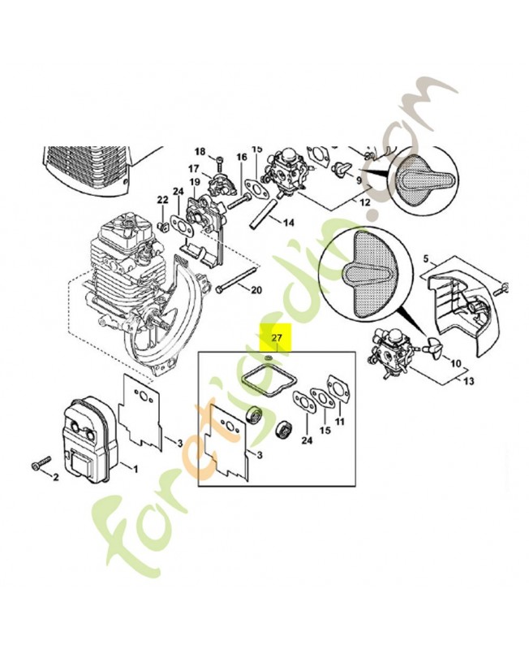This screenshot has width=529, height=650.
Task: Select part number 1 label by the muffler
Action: [x=135, y=468]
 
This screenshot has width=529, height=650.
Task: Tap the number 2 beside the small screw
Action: [x=56, y=478]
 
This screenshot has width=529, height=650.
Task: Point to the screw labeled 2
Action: [x=37, y=466]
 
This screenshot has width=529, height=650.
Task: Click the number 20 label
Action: [x=256, y=289]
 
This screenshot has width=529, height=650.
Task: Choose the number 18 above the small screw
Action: [x=200, y=151]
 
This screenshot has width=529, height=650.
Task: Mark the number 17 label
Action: [x=194, y=168]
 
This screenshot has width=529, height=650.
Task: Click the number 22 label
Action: [x=162, y=199]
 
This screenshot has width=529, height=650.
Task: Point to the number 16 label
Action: [x=242, y=157]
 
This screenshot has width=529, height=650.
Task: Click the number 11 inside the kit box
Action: [x=339, y=422]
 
